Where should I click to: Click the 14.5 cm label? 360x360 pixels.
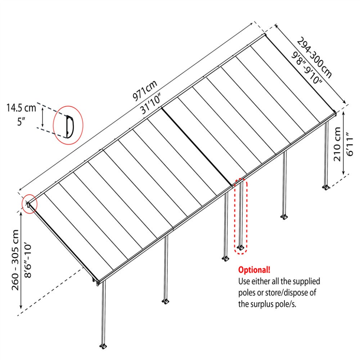21,107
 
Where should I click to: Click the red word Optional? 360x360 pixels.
254,270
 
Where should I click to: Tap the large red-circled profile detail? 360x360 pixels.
68,126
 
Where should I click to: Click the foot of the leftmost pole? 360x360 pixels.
103,346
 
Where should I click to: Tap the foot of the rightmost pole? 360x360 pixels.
326,188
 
